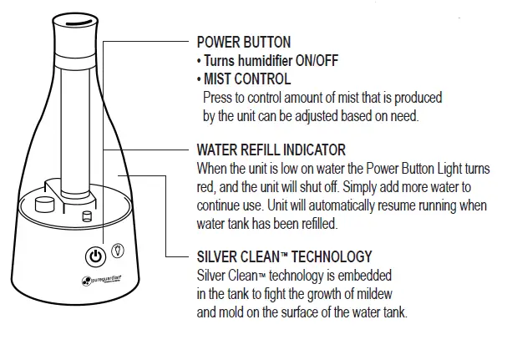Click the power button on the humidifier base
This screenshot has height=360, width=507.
(x=97, y=256)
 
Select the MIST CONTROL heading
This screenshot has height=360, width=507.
(x=247, y=79)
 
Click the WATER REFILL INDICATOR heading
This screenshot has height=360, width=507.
(x=270, y=150)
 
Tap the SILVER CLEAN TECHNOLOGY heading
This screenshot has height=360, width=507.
(x=284, y=257)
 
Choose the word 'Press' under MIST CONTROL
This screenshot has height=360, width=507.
(x=220, y=98)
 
